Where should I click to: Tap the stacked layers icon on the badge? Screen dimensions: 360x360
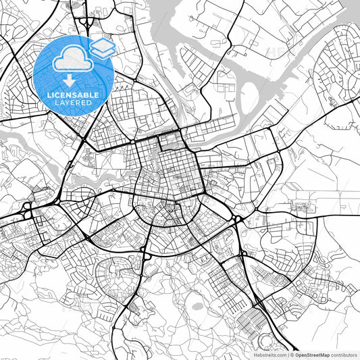(102, 47)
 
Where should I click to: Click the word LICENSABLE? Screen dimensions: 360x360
(74, 95)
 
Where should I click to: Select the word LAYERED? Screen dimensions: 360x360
(74, 103)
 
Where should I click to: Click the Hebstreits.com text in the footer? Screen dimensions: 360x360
(270, 354)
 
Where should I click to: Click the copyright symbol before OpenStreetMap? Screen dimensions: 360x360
(292, 354)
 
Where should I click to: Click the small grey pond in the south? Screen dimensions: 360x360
(197, 305)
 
